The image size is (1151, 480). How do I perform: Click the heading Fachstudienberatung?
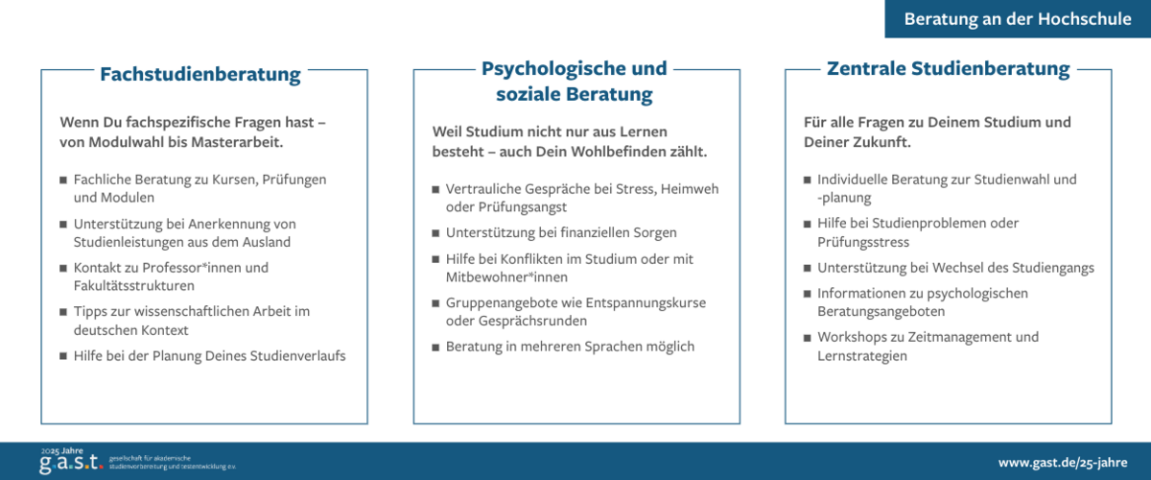(200, 74)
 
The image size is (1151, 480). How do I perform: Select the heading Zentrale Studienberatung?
(948, 69)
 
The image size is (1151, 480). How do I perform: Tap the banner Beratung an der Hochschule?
(1018, 19)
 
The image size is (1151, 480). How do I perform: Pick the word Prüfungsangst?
(506, 206)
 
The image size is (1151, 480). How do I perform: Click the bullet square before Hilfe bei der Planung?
(63, 356)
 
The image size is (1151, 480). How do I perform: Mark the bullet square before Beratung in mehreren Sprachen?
(435, 347)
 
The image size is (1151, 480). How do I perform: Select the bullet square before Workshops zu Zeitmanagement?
(807, 338)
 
